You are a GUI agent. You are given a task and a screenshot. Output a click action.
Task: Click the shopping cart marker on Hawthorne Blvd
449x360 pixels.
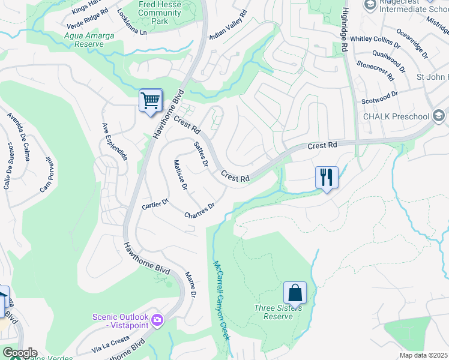(x=150, y=100)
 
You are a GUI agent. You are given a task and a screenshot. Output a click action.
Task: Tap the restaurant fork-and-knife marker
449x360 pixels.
(x=327, y=178)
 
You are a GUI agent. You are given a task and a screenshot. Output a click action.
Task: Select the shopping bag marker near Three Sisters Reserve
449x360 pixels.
(x=295, y=293)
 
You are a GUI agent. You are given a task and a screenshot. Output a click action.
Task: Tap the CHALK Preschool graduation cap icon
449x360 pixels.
(x=439, y=116)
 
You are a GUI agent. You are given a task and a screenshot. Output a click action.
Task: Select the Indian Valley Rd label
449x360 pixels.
(x=228, y=25)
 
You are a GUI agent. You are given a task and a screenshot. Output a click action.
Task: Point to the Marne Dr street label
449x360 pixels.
(x=190, y=284)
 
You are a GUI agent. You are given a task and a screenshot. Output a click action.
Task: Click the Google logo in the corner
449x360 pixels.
(x=19, y=353)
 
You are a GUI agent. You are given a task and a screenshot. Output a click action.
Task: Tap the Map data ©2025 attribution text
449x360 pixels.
(x=423, y=355)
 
